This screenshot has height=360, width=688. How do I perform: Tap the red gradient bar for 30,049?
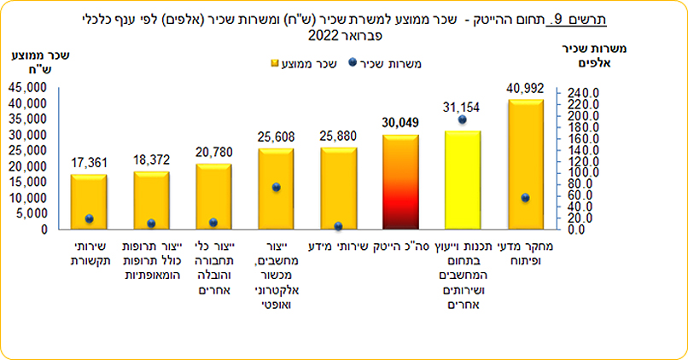[x=400, y=183]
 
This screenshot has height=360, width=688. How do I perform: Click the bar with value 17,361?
[x=89, y=202]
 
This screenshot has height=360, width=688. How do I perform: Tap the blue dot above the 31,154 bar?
[x=462, y=119]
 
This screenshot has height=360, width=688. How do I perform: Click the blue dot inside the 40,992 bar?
[x=525, y=198]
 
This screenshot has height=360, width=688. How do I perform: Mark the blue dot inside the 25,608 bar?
[x=276, y=188]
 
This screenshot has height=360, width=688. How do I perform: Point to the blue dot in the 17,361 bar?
[x=89, y=219]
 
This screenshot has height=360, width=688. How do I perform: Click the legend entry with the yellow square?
[x=306, y=63]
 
